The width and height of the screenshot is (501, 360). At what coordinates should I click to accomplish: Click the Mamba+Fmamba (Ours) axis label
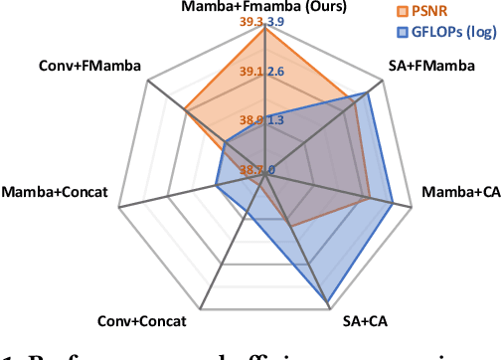(x=264, y=8)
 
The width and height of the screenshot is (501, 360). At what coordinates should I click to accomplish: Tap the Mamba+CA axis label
(x=458, y=190)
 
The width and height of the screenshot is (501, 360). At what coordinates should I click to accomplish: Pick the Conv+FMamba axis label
(x=90, y=67)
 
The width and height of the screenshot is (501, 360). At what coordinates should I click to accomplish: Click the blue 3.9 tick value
(x=277, y=22)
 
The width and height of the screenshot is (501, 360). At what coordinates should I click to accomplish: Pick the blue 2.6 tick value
(x=277, y=72)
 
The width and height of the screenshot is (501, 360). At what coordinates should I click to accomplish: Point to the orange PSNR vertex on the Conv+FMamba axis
(x=186, y=109)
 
